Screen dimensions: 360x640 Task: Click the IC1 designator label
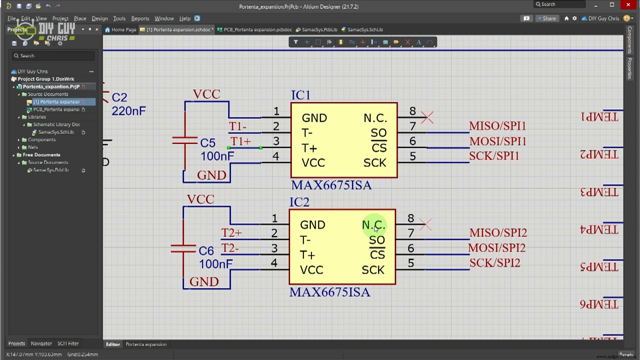301,95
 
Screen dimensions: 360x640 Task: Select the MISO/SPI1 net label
497,126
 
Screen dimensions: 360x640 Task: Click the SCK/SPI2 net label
495,263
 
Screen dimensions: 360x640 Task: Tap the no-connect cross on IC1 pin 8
427,117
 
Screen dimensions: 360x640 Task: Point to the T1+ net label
240,141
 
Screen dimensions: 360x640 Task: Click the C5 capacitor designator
208,143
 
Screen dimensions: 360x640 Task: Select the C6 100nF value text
215,264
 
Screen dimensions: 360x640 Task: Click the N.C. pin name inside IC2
373,225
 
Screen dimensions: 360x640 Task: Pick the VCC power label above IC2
200,199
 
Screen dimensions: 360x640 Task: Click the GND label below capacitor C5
211,175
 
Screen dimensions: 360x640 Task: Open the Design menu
99,18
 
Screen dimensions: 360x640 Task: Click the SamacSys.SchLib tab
365,30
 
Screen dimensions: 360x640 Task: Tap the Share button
547,18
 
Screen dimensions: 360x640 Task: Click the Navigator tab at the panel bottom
41,343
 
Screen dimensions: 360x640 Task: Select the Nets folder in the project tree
33,147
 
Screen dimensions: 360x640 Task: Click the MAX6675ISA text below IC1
331,185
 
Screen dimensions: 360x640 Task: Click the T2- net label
230,248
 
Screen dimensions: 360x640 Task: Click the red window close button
628,5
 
